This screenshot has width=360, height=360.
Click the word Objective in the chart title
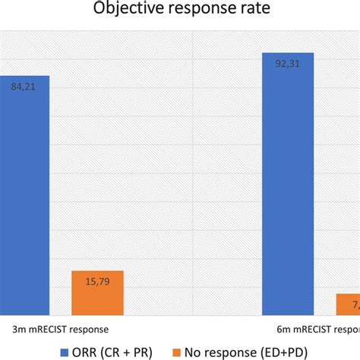[125, 10]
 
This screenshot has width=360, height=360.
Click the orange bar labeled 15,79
[96, 292]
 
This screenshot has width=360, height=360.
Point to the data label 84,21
[23, 87]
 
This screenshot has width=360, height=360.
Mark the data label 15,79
[96, 282]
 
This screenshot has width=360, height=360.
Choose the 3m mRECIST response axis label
[60, 330]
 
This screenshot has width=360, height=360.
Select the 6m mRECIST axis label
[319, 330]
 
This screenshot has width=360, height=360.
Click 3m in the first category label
[18, 330]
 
